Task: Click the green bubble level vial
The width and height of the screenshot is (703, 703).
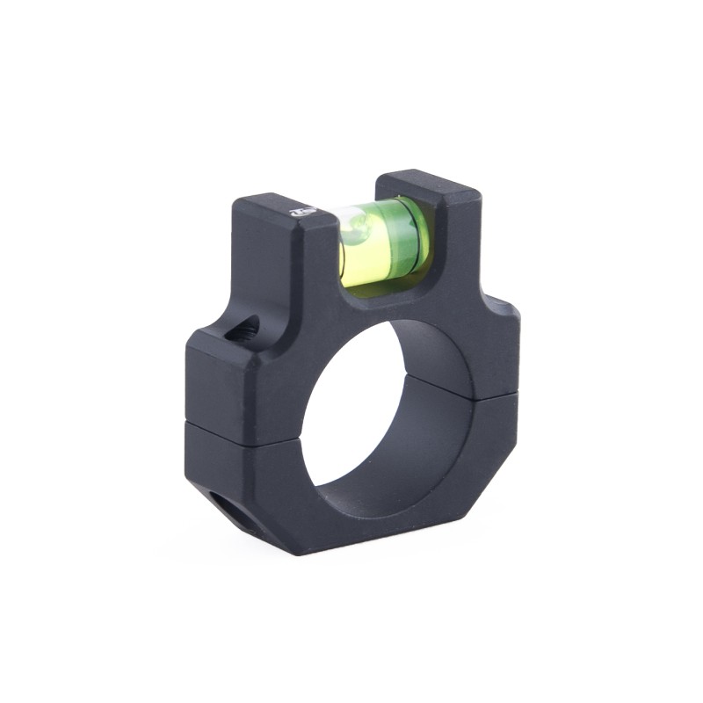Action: click(383, 242)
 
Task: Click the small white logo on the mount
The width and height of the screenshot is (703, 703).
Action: click(304, 211)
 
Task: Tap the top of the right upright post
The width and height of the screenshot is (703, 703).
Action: click(429, 183)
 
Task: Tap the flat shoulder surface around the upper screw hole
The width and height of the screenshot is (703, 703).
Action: click(220, 338)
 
